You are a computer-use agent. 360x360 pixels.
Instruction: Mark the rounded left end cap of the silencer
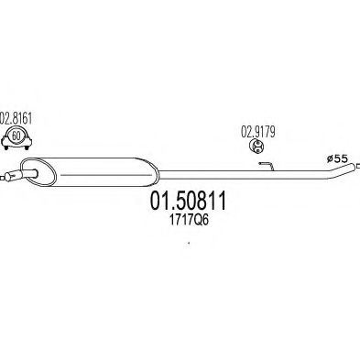(x=27, y=169)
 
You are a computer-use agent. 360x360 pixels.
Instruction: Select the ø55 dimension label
(x=338, y=158)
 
